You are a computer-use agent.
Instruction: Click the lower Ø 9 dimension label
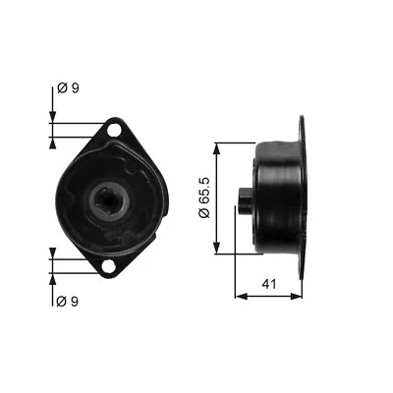click(69, 301)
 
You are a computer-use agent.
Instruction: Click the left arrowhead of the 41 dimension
click(239, 294)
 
